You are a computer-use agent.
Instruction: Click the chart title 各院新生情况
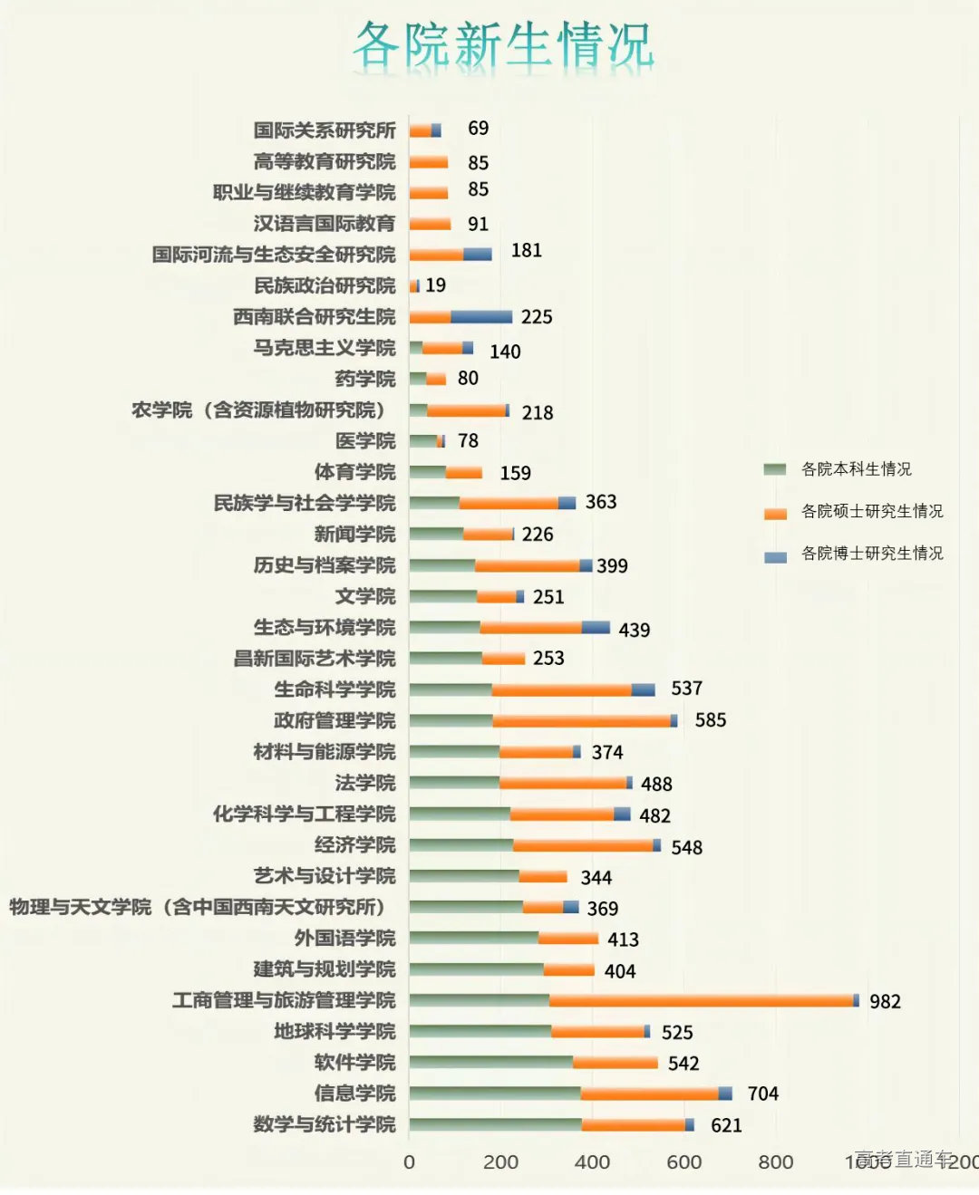click(x=503, y=45)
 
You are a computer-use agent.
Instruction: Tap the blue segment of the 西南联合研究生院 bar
click(x=481, y=317)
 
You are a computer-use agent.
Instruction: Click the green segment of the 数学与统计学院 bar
click(x=495, y=1124)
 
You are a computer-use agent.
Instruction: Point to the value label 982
click(x=885, y=1001)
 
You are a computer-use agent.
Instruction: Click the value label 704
click(x=762, y=1094)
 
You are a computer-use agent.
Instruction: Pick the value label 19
click(x=435, y=285)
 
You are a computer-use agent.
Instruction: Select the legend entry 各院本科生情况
click(x=856, y=469)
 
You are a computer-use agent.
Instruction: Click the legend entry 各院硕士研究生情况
click(x=871, y=511)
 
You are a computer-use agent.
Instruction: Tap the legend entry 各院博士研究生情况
click(x=871, y=553)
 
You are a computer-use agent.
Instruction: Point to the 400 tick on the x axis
click(x=592, y=1161)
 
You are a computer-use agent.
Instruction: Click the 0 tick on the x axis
click(x=409, y=1161)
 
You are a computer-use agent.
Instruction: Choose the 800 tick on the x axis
click(x=775, y=1161)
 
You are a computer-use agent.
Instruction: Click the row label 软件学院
click(x=354, y=1062)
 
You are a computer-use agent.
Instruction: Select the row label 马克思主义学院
click(x=325, y=348)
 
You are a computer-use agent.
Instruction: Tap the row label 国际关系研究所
click(x=325, y=130)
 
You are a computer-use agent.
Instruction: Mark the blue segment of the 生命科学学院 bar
click(x=643, y=689)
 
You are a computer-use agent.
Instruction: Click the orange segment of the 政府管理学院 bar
click(x=581, y=721)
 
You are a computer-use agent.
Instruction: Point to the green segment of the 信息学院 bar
click(x=495, y=1094)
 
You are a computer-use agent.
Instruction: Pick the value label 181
click(x=526, y=250)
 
